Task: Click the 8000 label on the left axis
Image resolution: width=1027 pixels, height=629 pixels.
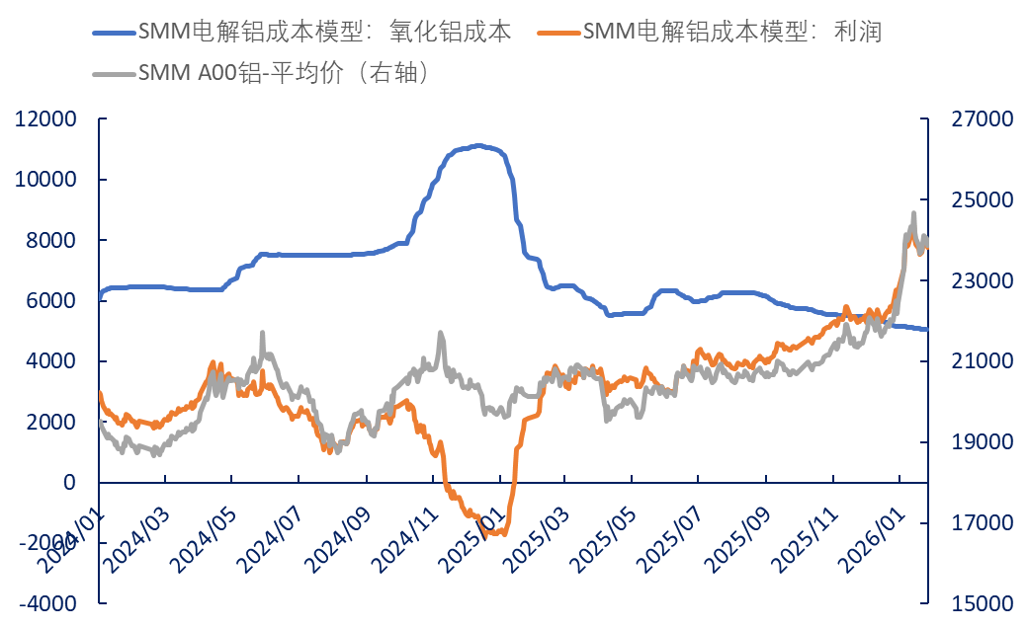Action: pyautogui.click(x=48, y=241)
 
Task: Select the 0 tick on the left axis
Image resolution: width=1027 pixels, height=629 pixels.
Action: pyautogui.click(x=69, y=483)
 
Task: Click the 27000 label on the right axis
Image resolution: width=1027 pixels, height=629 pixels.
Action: pyautogui.click(x=981, y=119)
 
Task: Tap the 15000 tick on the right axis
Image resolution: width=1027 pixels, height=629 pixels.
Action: pyautogui.click(x=981, y=603)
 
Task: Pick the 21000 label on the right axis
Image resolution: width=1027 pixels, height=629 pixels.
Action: pyautogui.click(x=981, y=361)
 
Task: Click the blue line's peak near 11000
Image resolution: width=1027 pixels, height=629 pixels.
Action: pyautogui.click(x=478, y=146)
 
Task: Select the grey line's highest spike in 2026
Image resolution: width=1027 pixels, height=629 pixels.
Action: pyautogui.click(x=913, y=213)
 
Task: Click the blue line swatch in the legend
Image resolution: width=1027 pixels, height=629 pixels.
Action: pyautogui.click(x=113, y=32)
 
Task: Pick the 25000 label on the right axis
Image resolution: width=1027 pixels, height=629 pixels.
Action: pyautogui.click(x=981, y=200)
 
